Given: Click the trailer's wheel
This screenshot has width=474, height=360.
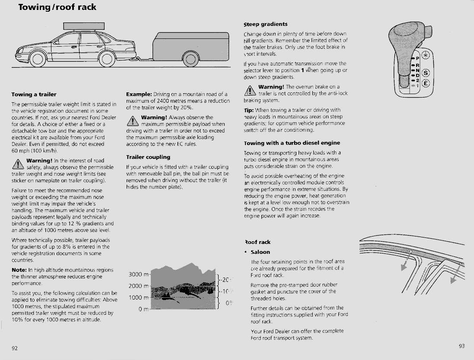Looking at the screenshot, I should tap(190, 59).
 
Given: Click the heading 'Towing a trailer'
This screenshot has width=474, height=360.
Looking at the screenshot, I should tap(34, 94).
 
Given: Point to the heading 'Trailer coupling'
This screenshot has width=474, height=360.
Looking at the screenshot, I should tap(148, 157).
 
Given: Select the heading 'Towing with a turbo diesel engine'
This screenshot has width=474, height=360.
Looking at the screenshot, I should tap(292, 143).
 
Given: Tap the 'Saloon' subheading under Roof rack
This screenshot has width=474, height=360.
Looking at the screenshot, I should tap(260, 252).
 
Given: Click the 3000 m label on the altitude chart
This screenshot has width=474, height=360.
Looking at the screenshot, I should tap(139, 275).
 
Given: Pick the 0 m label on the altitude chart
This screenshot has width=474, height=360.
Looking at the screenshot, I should tap(143, 309).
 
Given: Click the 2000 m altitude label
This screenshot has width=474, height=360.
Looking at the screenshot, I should tap(139, 286).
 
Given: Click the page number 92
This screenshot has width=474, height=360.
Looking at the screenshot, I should tap(15, 348).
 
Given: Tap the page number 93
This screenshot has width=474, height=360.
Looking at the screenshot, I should tap(461, 346).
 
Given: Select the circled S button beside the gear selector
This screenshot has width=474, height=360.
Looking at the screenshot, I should tap(426, 72).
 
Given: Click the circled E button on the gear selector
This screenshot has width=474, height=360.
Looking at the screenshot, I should tap(426, 84).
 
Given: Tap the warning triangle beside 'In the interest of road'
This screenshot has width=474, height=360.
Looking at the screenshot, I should tap(19, 164).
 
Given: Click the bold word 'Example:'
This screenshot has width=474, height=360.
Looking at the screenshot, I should tap(139, 94).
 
